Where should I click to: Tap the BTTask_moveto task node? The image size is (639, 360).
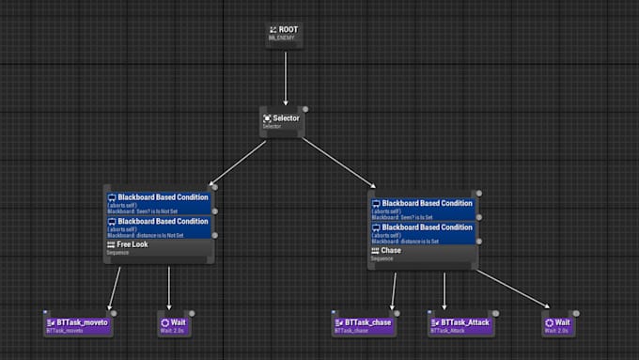pos(79,324)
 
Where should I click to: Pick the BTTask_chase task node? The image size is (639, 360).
pos(364,324)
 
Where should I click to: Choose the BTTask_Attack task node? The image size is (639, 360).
pos(460,324)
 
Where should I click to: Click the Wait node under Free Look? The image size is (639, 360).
pos(175,324)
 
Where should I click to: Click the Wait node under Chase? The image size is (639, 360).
pos(559,324)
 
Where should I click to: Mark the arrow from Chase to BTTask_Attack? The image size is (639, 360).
pos(444,290)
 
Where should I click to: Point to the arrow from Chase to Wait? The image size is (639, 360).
pos(512,288)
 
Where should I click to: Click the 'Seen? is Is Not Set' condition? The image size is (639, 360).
pos(158,204)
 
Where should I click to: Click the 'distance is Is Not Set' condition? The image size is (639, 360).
pos(158,227)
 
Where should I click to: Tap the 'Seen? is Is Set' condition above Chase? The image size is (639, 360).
pos(422,208)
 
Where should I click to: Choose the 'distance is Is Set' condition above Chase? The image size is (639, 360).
pos(422,233)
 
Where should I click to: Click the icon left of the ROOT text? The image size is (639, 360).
pos(273,29)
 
